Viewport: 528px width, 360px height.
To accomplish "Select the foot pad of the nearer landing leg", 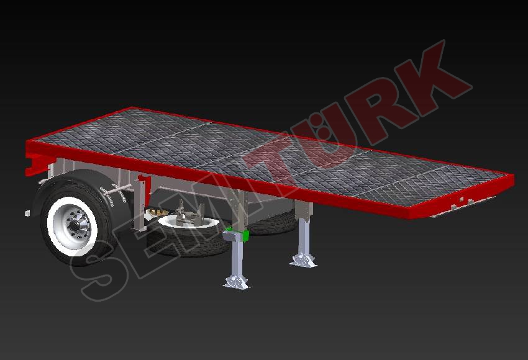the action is pyautogui.click(x=237, y=282).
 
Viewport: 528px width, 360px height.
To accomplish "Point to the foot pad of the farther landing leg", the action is pyautogui.click(x=303, y=260).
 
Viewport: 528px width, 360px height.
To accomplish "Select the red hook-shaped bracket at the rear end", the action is pyautogui.click(x=33, y=163).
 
